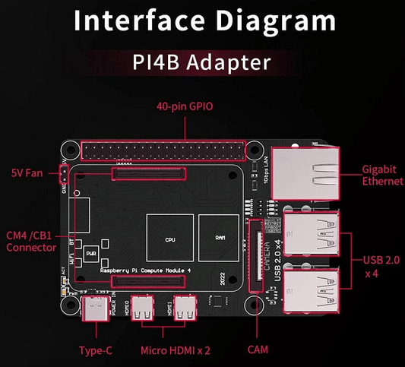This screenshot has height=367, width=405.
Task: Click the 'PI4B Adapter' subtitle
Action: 202,61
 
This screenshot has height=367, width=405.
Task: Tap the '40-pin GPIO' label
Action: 185,107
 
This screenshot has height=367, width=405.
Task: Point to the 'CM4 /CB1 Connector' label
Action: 30,241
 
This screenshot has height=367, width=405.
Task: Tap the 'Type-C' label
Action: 97,350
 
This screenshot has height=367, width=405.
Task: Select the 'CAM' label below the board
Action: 258,350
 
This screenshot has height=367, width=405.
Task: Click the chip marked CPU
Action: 169,238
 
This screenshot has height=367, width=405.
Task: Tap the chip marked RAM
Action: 220,238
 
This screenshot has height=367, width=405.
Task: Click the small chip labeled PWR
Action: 91,253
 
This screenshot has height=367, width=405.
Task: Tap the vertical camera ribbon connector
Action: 255,255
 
